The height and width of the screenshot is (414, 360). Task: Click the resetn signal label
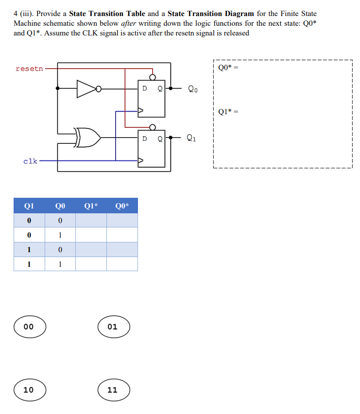click(29, 69)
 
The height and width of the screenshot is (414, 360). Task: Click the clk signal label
click(30, 161)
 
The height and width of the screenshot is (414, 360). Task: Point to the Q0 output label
click(193, 89)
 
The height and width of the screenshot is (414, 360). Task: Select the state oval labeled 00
click(30, 327)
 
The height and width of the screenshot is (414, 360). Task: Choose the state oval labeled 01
click(114, 327)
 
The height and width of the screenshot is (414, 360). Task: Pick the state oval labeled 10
click(30, 390)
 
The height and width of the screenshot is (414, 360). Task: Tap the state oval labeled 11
click(114, 390)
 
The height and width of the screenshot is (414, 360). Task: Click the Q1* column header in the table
click(91, 206)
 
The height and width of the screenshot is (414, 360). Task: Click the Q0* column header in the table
click(122, 206)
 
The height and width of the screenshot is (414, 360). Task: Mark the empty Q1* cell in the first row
click(91, 221)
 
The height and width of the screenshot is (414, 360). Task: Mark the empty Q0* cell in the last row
click(122, 264)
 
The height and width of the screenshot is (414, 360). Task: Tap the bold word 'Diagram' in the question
click(235, 14)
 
